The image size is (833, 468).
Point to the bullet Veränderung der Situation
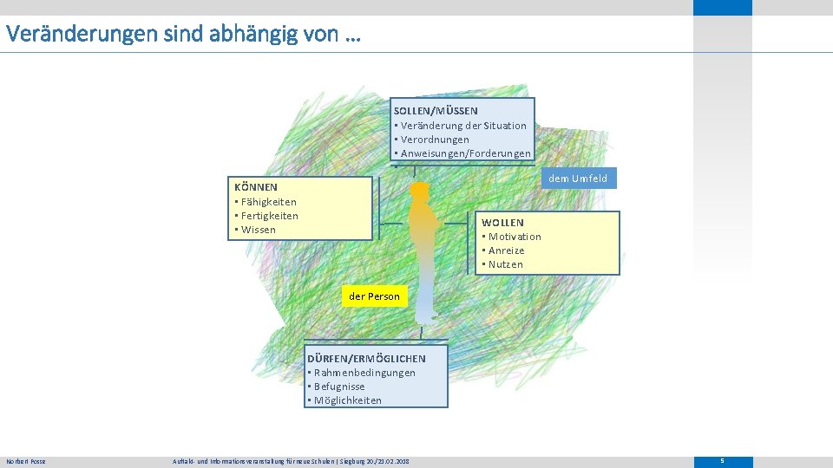pos(462,126)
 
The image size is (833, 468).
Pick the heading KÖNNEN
pos(256,187)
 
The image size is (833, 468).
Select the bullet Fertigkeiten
pos(269,216)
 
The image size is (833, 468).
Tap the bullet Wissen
pos(258,230)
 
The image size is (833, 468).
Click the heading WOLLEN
pos(503,223)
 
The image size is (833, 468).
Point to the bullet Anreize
pos(506,250)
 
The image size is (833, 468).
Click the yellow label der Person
pos(374,296)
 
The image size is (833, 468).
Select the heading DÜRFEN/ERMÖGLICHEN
pos(366,358)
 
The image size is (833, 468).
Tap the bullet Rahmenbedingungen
pos(364,373)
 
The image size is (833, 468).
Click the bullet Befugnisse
pos(338,387)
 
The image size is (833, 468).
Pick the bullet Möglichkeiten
pos(347,400)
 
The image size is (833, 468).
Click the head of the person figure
pos(420,190)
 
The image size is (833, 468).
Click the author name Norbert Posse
pos(26,461)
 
